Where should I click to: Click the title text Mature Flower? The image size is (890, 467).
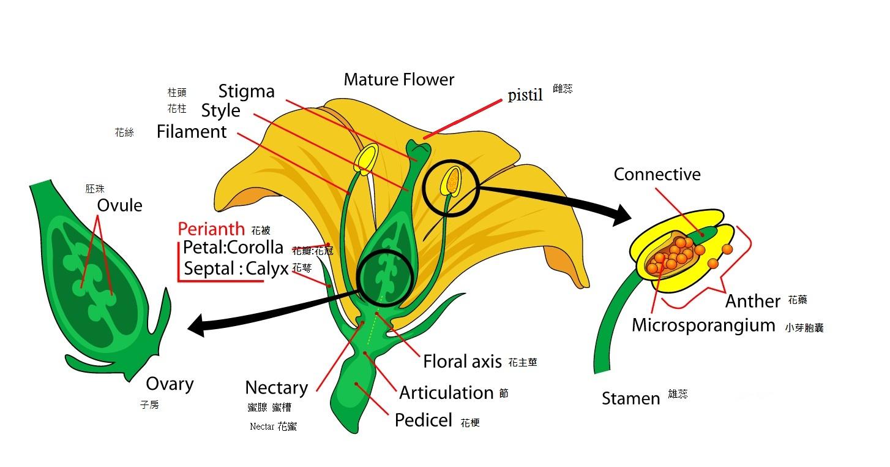(399, 80)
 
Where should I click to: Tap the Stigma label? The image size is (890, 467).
(246, 91)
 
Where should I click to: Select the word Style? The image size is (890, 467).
(220, 111)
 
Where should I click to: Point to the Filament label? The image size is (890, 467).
(192, 132)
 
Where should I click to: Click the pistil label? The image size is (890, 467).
(525, 96)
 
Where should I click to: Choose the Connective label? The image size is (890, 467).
(657, 175)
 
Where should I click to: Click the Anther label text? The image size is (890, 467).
(752, 301)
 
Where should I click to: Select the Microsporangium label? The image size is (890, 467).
(703, 325)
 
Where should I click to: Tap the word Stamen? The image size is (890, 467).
(630, 399)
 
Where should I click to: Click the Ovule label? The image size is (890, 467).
(119, 205)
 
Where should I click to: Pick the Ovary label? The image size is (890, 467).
(170, 384)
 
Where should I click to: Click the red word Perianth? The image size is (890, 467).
(211, 229)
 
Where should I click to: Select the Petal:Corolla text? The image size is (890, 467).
(233, 248)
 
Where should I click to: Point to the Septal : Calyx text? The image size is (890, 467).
(236, 268)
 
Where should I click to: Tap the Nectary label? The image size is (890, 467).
(276, 388)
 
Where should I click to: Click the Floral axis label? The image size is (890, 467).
(462, 362)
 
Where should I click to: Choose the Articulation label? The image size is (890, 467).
(446, 393)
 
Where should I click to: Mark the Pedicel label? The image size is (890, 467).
(423, 420)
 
